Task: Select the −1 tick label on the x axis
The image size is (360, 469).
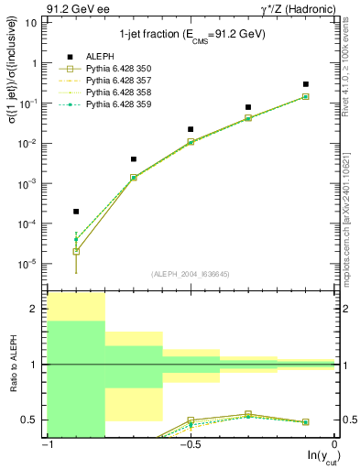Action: (46, 445)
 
